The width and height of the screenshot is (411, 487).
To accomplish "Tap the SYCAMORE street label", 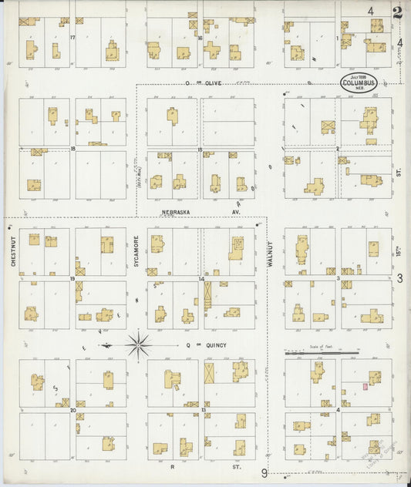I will [136, 250].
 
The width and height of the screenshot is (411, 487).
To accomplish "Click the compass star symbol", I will [139, 345].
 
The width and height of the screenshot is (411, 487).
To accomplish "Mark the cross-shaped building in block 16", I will [212, 51].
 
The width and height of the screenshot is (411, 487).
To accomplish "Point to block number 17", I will [72, 38].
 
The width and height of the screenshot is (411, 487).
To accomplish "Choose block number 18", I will [72, 148].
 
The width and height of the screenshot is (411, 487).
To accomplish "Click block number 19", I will [72, 278].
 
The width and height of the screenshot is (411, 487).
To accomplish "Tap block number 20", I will [72, 410].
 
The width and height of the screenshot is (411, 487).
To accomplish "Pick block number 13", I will [204, 410].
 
